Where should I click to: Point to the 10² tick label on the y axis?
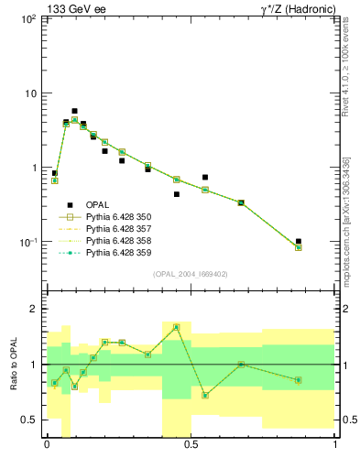(27, 19)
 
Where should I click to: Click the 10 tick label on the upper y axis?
(29, 93)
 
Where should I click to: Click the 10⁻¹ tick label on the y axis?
(27, 243)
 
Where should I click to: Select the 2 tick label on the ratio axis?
(33, 310)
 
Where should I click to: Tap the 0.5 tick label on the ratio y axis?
(28, 420)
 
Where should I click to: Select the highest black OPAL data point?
(74, 111)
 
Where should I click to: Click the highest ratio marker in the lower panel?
(176, 327)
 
